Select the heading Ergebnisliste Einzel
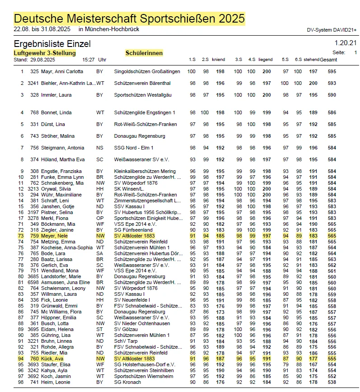click(52, 44)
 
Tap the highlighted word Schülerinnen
click(144, 53)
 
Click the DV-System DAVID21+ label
click(332, 30)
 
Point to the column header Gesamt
click(328, 60)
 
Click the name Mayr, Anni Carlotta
click(63, 71)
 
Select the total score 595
click(332, 71)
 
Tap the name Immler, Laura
click(56, 95)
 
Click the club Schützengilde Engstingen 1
click(145, 112)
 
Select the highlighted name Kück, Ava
click(52, 358)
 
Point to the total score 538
click(332, 382)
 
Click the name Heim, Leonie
click(55, 382)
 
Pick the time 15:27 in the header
click(89, 60)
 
